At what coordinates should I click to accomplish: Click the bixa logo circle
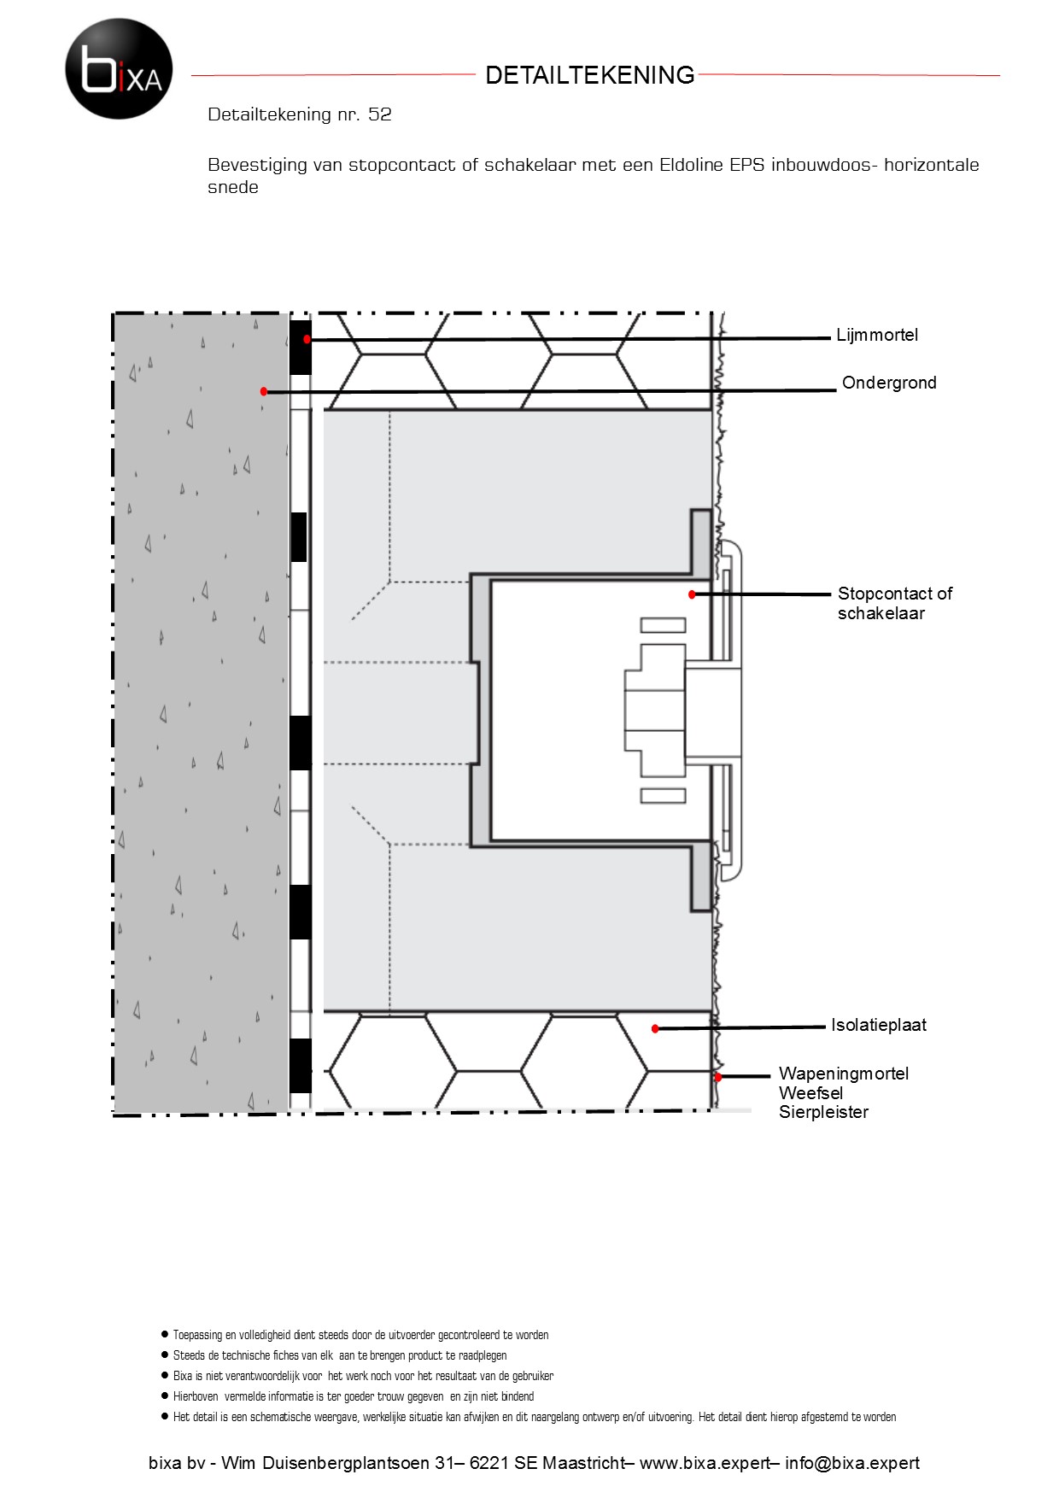point(119,69)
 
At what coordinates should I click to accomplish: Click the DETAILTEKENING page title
point(590,75)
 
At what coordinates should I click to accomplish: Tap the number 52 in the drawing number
point(380,114)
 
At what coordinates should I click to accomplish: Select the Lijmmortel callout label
point(877,335)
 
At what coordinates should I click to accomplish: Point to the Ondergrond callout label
point(889,383)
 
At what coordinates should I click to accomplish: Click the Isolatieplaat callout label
point(879,1025)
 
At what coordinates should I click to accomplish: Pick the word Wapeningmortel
point(844,1074)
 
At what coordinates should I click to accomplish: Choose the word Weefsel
point(811,1093)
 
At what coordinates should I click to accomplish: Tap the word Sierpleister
point(823,1112)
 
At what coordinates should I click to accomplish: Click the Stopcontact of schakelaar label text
point(895,603)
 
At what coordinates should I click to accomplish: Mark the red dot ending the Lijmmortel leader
point(307,340)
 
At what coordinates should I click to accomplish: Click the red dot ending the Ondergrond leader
point(264,392)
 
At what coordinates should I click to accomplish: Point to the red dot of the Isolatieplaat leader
point(655,1029)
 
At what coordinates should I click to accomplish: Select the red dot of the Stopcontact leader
point(693,594)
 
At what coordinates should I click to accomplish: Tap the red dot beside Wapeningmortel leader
point(718,1077)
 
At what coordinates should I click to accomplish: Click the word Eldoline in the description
point(692,165)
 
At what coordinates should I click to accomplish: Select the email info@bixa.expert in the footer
point(852,1463)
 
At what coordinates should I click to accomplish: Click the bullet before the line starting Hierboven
point(164,1396)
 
